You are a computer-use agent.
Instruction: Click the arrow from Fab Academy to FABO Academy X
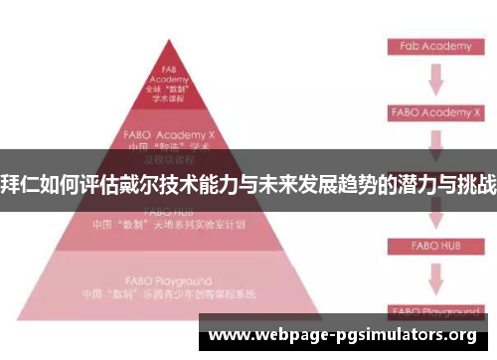(434, 80)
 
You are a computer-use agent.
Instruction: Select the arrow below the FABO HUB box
(434, 276)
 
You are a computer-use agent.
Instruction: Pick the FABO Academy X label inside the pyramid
(165, 132)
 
